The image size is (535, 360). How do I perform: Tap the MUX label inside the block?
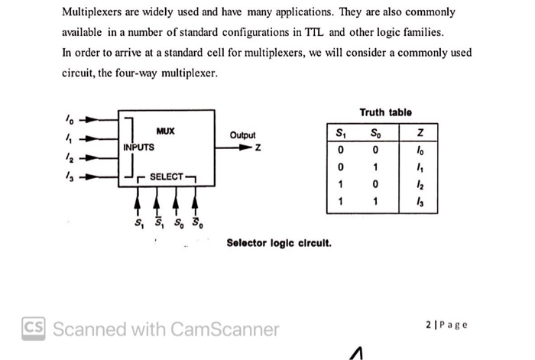click(165, 131)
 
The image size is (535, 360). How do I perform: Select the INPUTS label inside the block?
click(138, 147)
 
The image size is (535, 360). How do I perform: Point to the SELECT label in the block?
click(166, 177)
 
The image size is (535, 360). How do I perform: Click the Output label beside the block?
click(242, 135)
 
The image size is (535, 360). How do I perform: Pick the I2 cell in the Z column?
click(418, 184)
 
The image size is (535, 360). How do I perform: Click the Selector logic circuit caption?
click(279, 243)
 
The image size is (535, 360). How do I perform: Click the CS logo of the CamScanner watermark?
click(34, 329)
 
